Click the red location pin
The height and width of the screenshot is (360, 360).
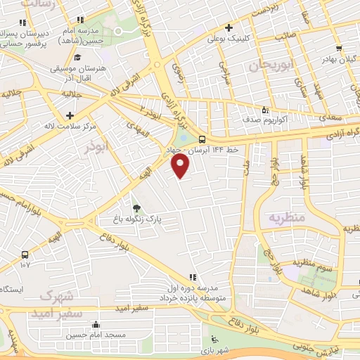pyautogui.click(x=181, y=166)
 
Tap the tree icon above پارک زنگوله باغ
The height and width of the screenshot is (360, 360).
pyautogui.click(x=137, y=208)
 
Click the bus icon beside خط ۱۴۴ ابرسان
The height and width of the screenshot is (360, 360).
pyautogui.click(x=202, y=139)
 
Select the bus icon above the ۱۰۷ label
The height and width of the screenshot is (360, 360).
pyautogui.click(x=25, y=254)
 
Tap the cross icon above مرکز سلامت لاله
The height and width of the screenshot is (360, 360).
pyautogui.click(x=69, y=115)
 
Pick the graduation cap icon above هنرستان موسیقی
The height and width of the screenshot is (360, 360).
pyautogui.click(x=78, y=58)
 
